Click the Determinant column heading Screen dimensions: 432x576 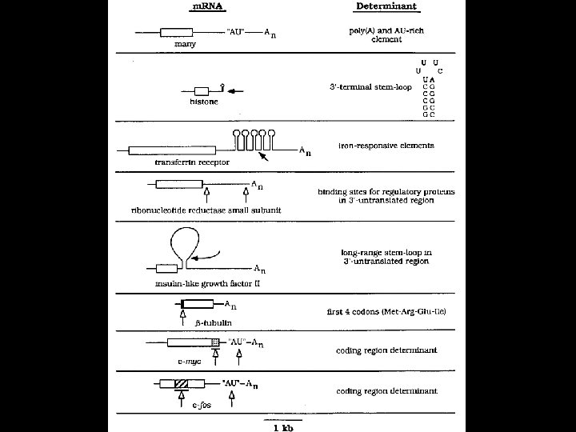385,8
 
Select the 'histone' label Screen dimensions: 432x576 203,102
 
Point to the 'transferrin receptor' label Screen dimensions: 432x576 192,162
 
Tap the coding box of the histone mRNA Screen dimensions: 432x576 202,90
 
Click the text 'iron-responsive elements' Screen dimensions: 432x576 386,146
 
